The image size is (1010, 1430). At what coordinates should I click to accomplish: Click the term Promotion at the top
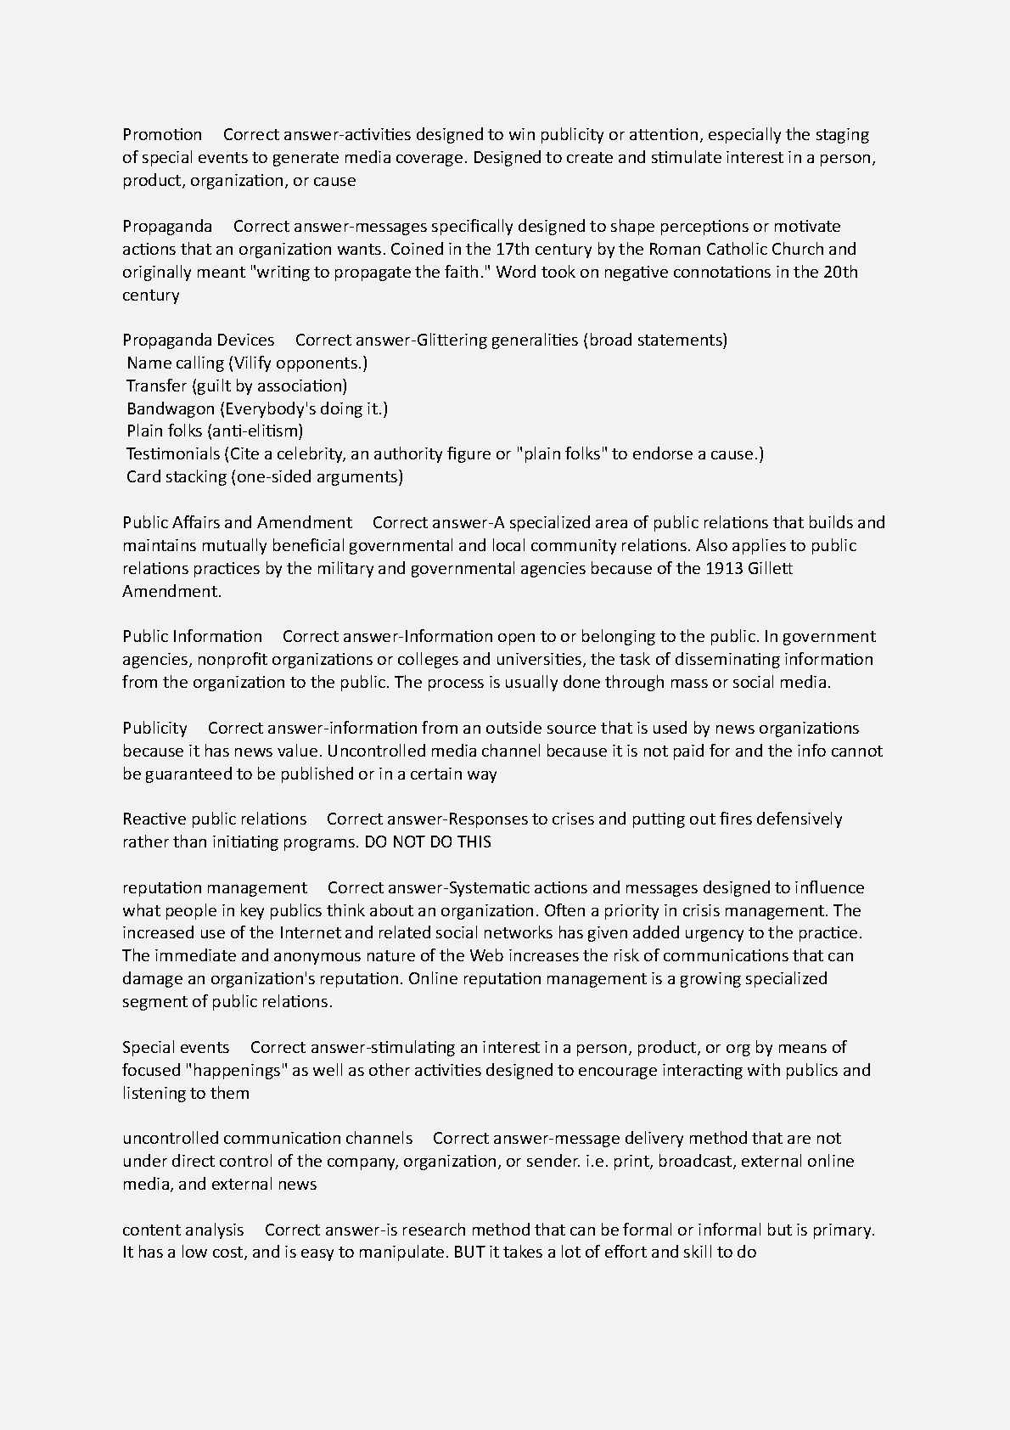click(162, 135)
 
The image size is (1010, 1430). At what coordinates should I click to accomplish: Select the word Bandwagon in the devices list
click(171, 409)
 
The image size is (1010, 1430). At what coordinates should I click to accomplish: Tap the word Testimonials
click(173, 454)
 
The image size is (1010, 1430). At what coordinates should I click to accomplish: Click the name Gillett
click(770, 569)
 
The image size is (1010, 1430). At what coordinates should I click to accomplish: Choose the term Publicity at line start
click(154, 729)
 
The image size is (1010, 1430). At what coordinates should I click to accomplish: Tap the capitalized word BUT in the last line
click(469, 1253)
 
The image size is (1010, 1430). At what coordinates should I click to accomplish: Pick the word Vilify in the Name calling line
click(250, 363)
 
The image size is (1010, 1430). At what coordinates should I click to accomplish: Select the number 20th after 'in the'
click(840, 273)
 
